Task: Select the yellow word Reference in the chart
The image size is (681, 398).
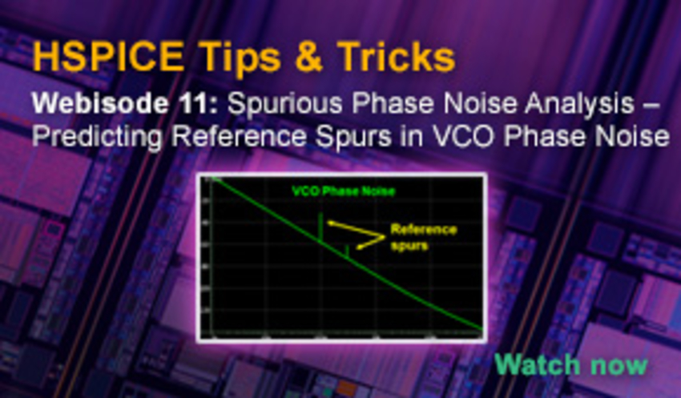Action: tap(424, 230)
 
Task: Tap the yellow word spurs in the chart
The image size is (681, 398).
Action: tap(409, 245)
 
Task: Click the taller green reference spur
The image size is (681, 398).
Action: tap(321, 227)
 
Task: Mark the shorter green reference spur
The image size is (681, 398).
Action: tap(347, 251)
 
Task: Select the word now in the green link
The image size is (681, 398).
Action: tap(616, 364)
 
